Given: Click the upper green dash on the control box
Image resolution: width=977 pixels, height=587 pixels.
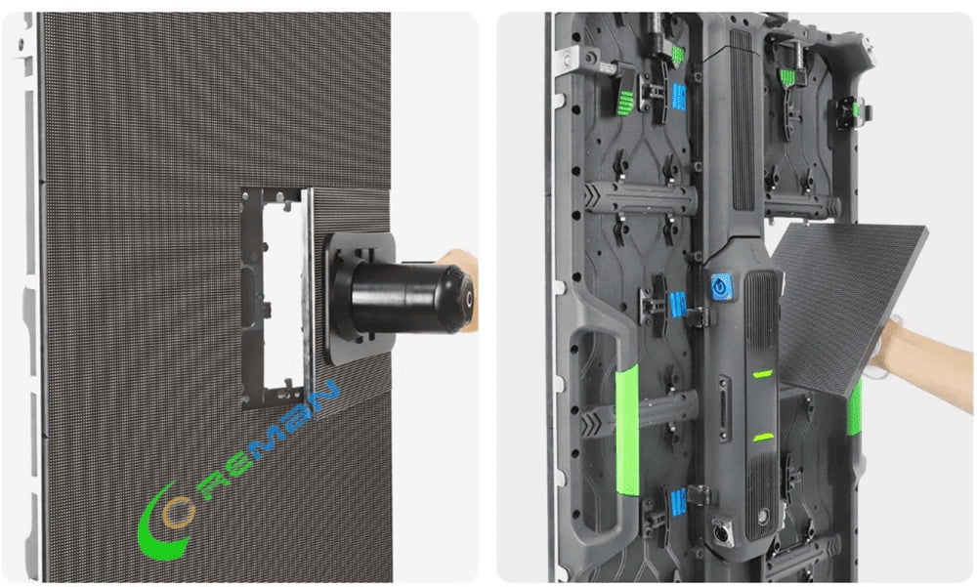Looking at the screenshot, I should pyautogui.click(x=762, y=373).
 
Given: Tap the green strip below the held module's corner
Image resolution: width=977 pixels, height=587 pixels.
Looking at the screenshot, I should pyautogui.click(x=856, y=410).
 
